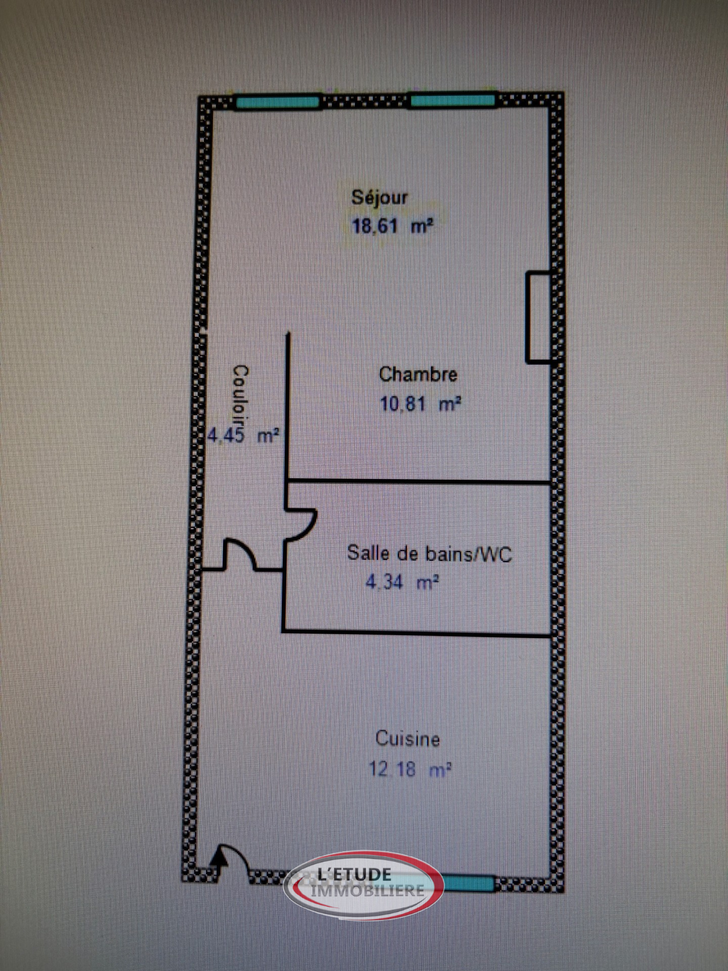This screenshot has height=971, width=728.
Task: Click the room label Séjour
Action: (379, 198)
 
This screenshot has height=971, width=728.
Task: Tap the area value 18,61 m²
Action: (392, 226)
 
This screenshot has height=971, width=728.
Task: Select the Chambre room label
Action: (418, 374)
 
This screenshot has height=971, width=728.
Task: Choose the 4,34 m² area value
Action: (403, 582)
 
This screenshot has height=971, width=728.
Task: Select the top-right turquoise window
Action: (453, 101)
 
